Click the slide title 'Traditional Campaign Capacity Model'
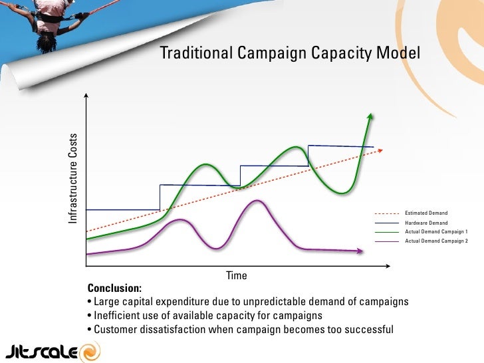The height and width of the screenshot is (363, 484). pos(290,53)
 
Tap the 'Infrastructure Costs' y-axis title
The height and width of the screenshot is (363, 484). pos(72,178)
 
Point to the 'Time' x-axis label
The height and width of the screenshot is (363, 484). pos(237,275)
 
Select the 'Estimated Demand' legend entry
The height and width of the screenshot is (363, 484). pos(426,213)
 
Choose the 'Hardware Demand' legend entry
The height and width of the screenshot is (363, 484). pos(426,223)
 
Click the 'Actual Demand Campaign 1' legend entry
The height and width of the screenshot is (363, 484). pos(436,231)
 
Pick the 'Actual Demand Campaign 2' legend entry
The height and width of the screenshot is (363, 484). pos(436,240)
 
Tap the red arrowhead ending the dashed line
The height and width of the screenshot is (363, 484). pos(380,150)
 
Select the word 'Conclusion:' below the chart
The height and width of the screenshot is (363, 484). pos(114,289)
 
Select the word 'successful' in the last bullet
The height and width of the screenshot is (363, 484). pos(368,328)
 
